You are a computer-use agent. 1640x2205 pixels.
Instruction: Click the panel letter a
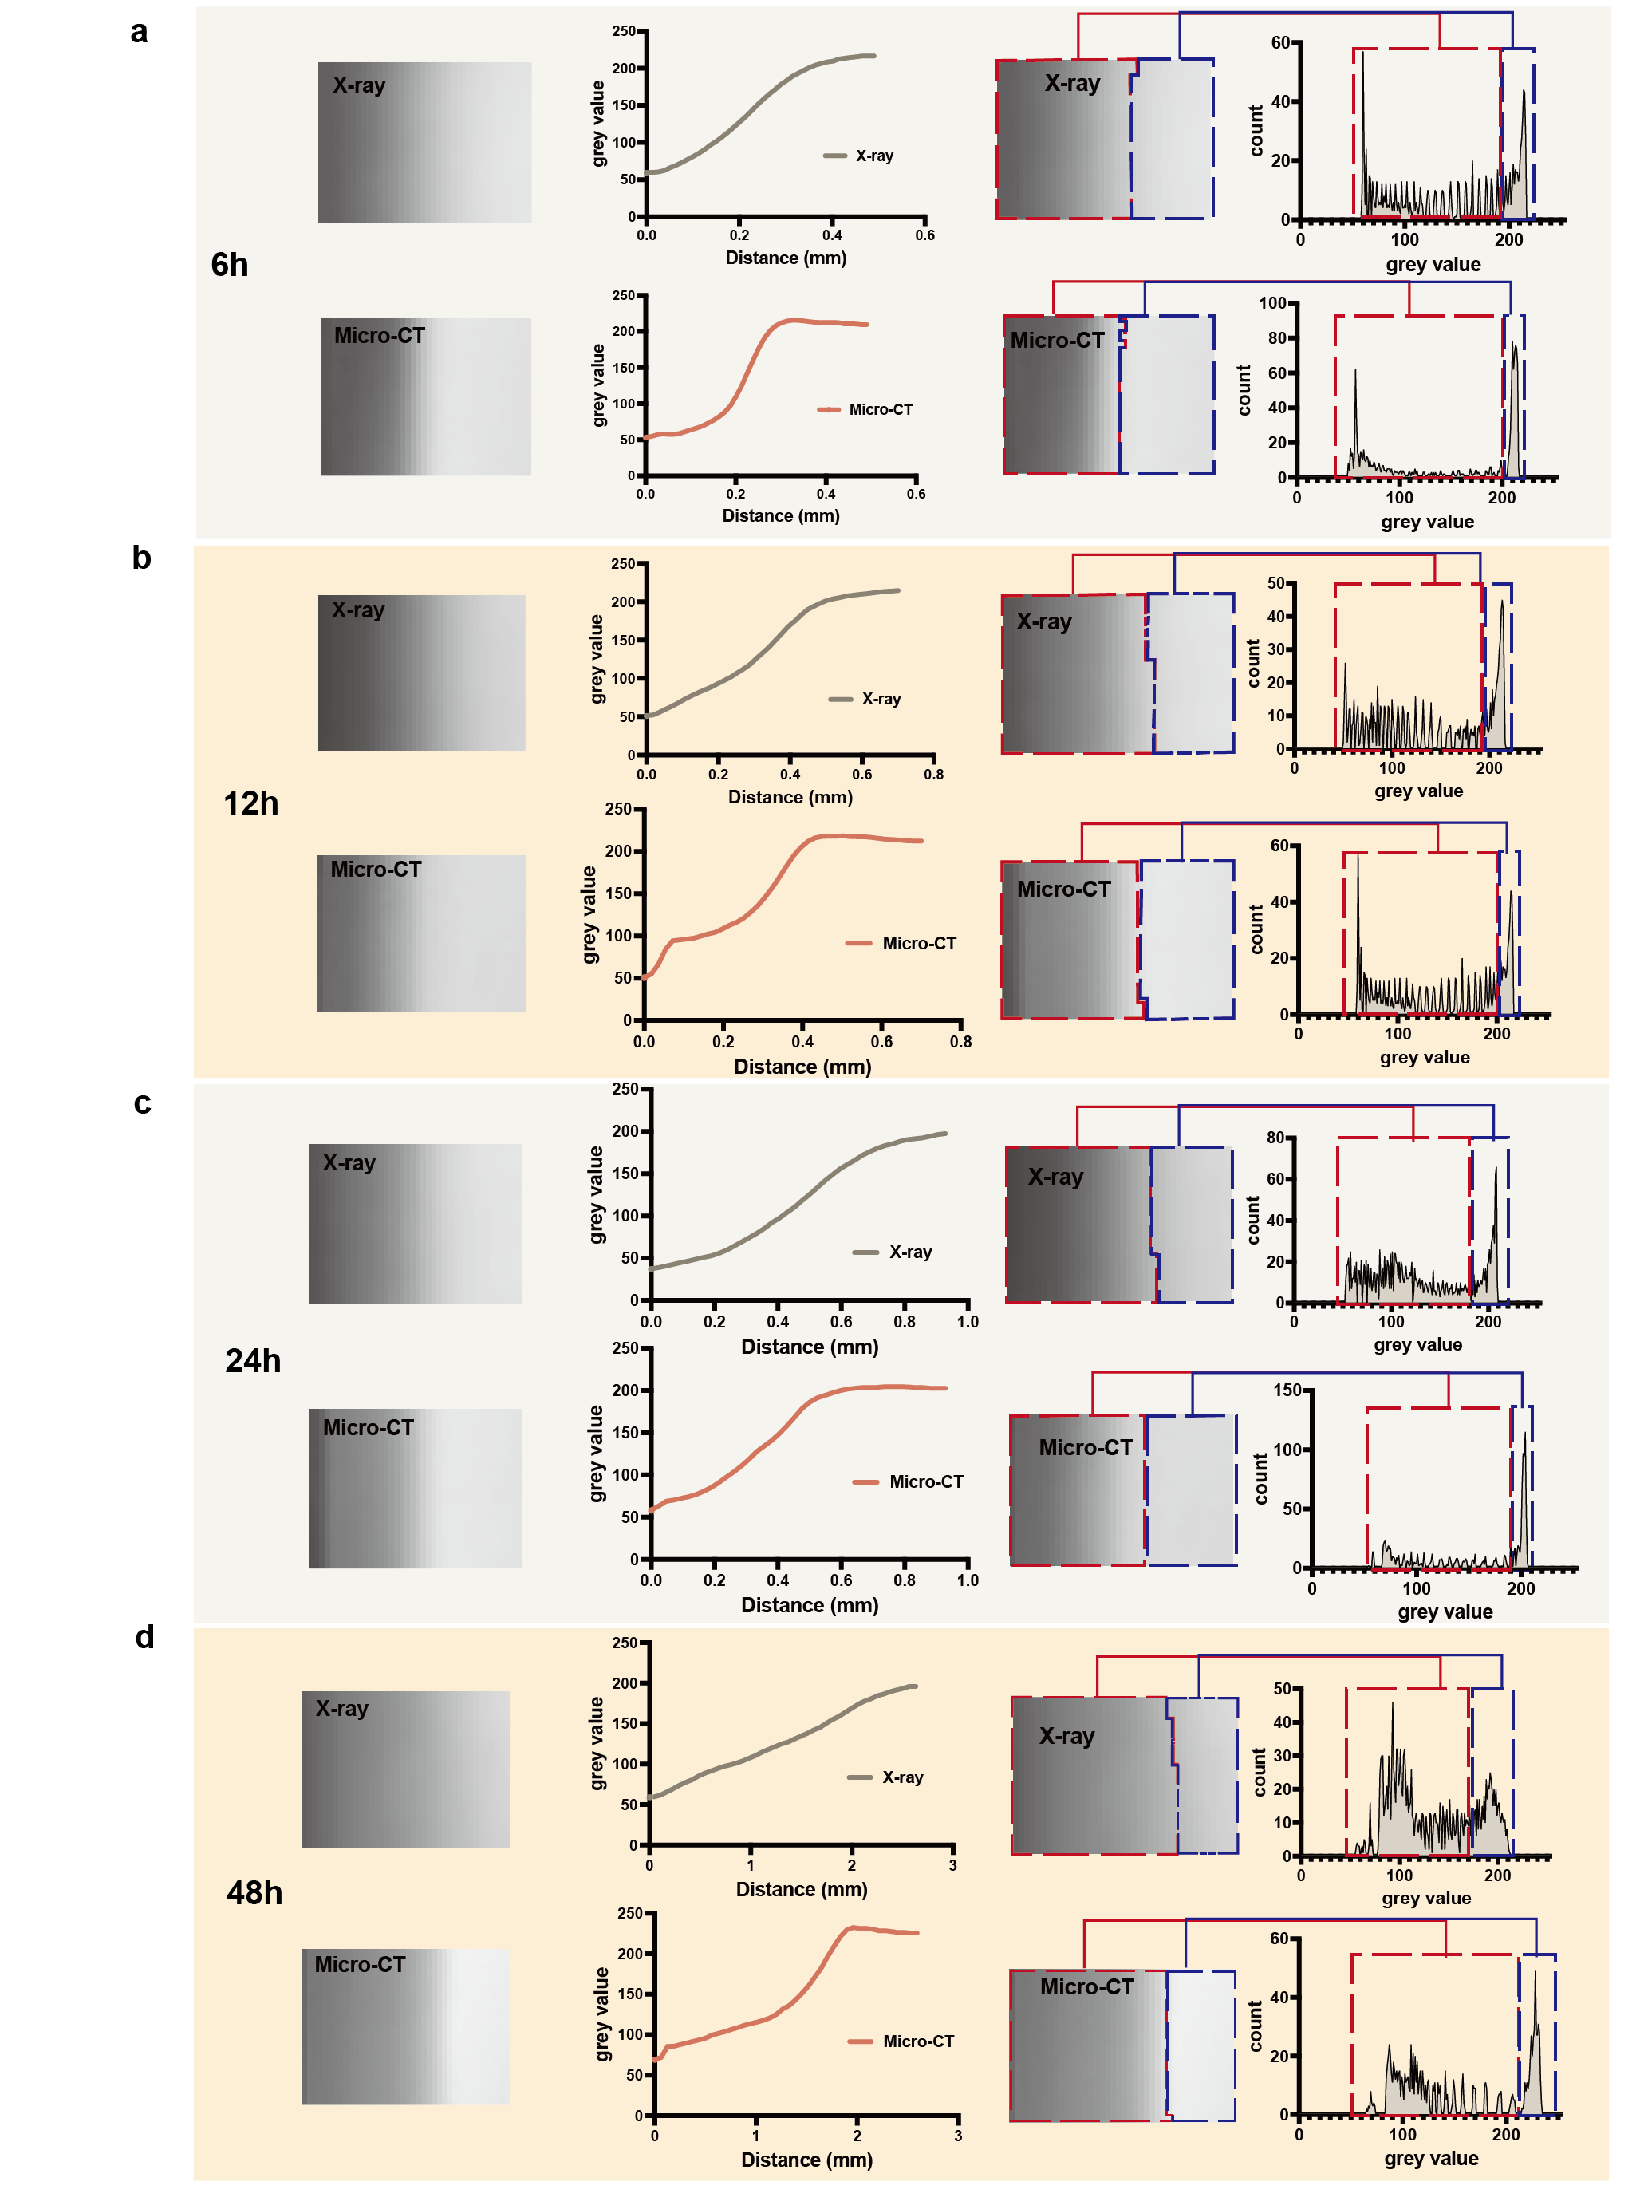[139, 33]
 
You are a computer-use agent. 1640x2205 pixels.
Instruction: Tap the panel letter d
[145, 1636]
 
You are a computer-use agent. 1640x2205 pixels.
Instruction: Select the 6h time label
[229, 265]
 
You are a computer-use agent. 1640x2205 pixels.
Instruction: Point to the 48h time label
[254, 1893]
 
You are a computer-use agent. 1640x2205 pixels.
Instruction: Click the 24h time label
[253, 1361]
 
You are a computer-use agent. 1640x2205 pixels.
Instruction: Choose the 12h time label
[251, 803]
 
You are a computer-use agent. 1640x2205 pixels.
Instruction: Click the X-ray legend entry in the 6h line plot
[859, 156]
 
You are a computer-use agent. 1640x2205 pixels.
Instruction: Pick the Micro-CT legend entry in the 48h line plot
[901, 2041]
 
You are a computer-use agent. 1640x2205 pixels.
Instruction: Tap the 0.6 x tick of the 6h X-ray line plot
[924, 235]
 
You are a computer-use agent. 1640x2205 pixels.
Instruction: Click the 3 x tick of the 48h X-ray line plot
[953, 1865]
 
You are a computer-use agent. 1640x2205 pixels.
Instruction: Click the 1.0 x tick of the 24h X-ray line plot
[967, 1323]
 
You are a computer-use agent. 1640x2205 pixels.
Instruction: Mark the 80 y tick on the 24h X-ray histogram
[1275, 1138]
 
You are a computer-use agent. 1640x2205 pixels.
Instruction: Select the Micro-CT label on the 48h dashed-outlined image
[1086, 1986]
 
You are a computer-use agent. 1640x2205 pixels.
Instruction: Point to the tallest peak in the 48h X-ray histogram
[1392, 1705]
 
